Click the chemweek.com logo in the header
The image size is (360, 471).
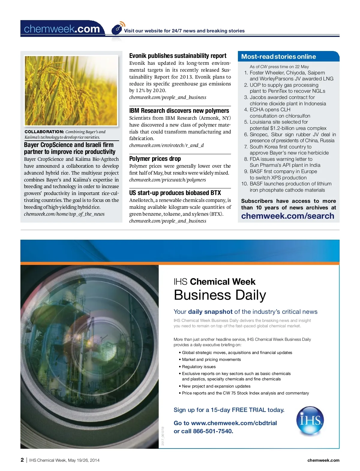point(62,29)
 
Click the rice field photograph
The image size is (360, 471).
point(71,90)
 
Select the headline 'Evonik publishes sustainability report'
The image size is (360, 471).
point(178,56)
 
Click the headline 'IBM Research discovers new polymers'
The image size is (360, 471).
point(179,111)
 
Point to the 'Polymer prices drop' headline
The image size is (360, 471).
point(155,159)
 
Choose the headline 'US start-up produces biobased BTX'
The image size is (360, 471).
point(175,193)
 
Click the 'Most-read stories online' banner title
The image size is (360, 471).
point(278,57)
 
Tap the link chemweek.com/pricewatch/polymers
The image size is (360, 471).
point(167,180)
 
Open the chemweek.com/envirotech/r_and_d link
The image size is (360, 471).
point(166,145)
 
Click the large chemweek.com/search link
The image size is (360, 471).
point(287,216)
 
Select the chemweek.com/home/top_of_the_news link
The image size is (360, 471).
point(64,214)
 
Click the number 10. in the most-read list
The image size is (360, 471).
point(244,184)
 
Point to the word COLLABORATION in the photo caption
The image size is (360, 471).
point(44,132)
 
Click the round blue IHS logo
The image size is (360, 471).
point(310,420)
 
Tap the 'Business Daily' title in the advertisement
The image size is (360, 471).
point(220,295)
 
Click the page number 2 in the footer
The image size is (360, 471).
point(22,460)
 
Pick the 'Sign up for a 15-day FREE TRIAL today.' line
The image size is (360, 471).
point(229,410)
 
